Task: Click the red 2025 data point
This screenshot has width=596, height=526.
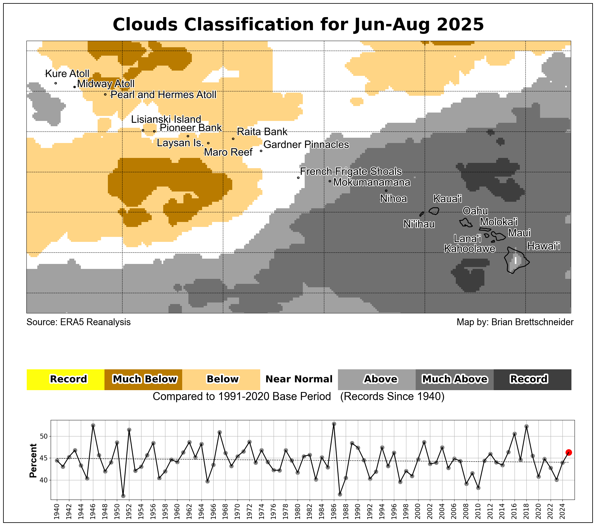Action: [x=569, y=452]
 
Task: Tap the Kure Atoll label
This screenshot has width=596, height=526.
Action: [x=67, y=74]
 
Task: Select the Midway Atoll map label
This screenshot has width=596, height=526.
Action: [x=106, y=84]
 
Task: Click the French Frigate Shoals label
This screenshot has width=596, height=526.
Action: [x=351, y=171]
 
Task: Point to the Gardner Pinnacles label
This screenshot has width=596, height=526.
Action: [x=306, y=145]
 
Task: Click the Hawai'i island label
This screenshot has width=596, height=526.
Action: [x=544, y=246]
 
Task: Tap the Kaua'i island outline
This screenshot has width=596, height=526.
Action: [x=434, y=211]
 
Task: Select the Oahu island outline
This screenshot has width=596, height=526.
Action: [x=466, y=223]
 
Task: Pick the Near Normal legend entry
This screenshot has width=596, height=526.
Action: [x=299, y=379]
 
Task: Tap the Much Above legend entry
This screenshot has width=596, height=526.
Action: [x=455, y=379]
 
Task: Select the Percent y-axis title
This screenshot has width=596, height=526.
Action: [x=33, y=461]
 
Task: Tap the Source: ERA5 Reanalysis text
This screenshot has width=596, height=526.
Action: [x=79, y=322]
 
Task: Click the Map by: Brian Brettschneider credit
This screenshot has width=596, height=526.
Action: [x=515, y=322]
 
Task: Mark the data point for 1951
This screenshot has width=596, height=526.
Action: [x=123, y=496]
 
